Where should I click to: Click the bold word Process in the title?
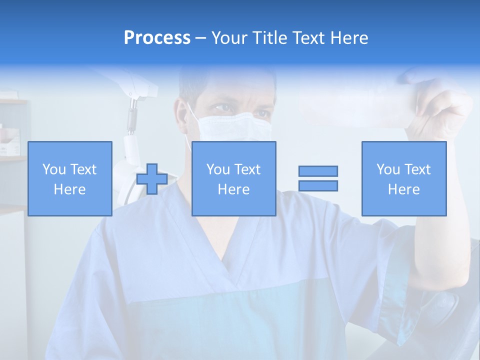pos(157,38)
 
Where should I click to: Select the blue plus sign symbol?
pos(152,179)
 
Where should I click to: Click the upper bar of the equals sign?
pos(318,171)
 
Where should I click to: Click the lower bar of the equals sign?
pos(318,185)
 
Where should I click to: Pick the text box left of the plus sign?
pos(70,178)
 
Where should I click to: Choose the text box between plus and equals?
pos(233,178)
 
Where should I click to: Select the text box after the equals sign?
pos(403,178)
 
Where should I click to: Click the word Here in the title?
pos(348,38)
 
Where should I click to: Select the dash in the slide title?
pos(201,38)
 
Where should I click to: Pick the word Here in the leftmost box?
pos(70,189)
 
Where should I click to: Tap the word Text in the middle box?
pos(248,169)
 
